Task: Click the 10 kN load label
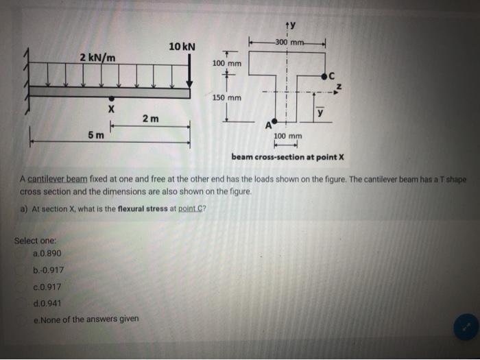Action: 182,47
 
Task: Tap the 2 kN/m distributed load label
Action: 97,56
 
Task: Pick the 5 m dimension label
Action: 96,134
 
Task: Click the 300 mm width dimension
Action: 288,43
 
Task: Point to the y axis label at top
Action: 290,26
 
